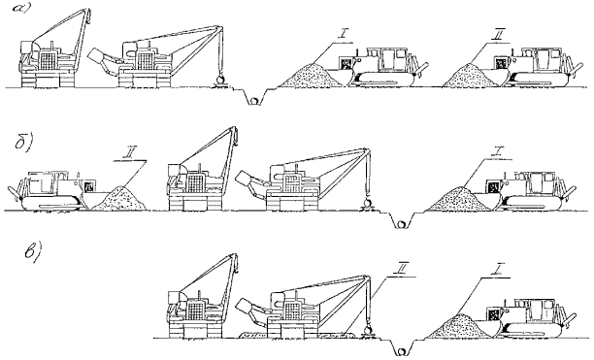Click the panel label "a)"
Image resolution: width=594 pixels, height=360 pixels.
coord(20,8)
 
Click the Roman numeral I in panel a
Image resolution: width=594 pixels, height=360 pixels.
coord(342,36)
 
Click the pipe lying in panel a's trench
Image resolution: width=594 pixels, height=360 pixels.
coord(254,101)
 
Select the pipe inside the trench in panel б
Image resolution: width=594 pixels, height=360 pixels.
coord(401,224)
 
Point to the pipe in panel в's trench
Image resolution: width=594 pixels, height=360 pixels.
coord(401,351)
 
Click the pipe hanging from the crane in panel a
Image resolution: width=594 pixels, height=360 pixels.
coord(219,80)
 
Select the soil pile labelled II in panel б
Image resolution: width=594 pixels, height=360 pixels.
coord(119,198)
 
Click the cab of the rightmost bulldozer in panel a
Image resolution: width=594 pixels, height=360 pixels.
coord(544,59)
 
